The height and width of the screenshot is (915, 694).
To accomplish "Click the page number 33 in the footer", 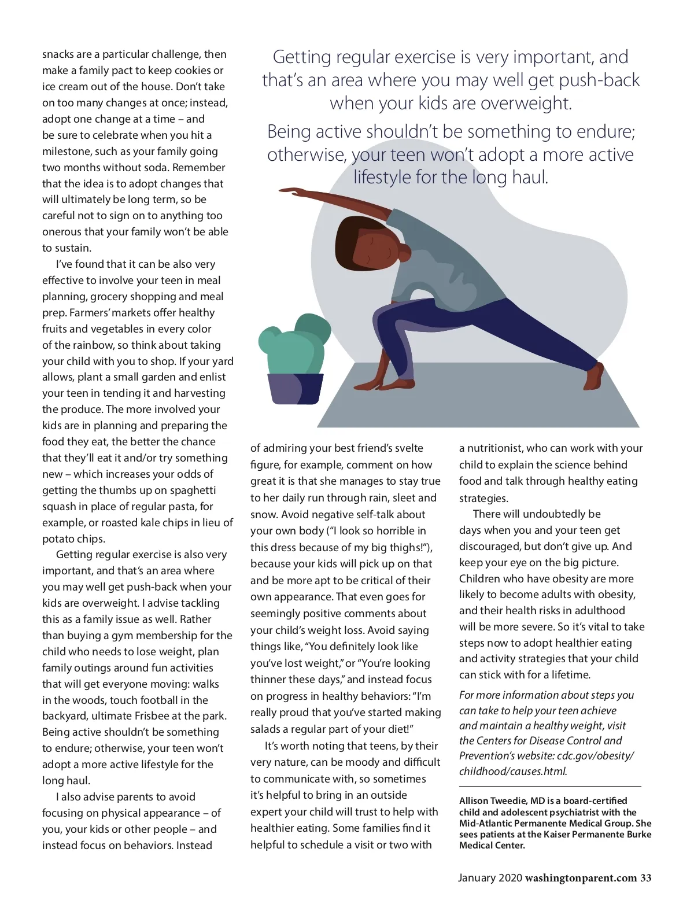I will [x=645, y=878].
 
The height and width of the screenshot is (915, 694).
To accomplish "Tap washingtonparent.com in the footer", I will [x=581, y=878].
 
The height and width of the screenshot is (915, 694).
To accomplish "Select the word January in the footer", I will [x=477, y=878].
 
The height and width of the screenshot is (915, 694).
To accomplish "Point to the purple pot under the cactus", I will [x=296, y=389].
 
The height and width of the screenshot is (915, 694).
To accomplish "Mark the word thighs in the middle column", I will [x=405, y=548].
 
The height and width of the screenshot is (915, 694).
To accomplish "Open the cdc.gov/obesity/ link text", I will [x=595, y=756].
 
